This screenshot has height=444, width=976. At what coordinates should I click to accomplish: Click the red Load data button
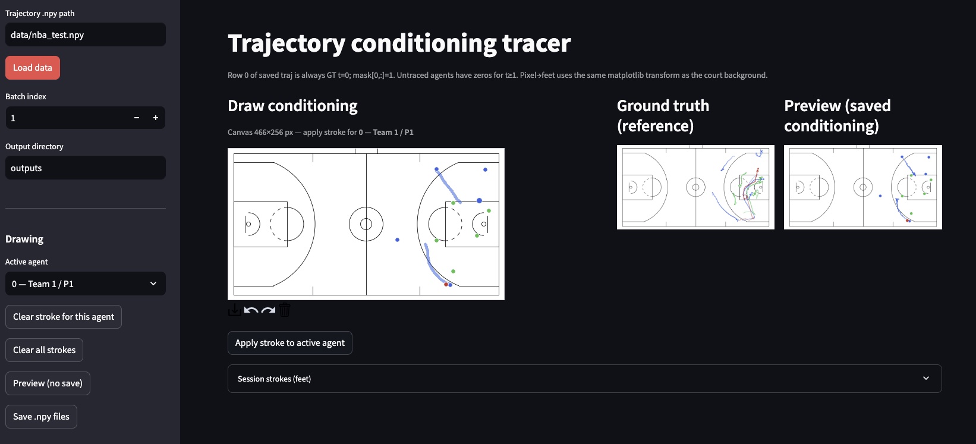[33, 68]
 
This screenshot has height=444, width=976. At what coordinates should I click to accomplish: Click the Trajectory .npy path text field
[85, 35]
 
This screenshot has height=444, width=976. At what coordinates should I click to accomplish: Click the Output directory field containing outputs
[85, 168]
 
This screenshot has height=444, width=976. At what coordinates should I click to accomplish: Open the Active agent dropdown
[85, 284]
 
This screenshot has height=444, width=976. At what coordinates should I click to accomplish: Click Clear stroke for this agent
[64, 317]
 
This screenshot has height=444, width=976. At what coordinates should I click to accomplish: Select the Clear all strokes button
[45, 350]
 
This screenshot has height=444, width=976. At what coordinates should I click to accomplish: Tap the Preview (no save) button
[48, 383]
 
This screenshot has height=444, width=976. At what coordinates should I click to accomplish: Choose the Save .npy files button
[41, 417]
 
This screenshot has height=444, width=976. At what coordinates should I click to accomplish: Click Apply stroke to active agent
[289, 343]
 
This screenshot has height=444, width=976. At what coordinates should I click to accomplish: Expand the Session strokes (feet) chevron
[925, 379]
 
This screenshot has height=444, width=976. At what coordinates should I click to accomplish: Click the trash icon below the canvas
[285, 310]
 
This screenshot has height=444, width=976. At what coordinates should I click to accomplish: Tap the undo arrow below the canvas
[251, 310]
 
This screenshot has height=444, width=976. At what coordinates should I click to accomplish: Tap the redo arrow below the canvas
[268, 310]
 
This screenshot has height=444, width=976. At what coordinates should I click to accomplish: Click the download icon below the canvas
[234, 310]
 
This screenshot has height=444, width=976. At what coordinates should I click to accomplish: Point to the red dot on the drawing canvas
[446, 285]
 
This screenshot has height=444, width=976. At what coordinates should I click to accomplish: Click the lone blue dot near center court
[397, 240]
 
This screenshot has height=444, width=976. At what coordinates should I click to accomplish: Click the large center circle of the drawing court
[366, 224]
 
